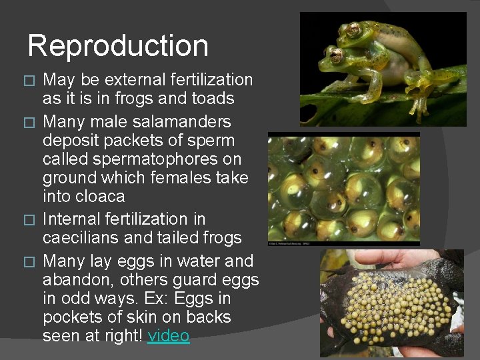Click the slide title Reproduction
point(118,45)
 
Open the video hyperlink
point(169,336)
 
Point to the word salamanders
point(181,122)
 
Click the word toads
point(211,99)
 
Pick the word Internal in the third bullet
point(70,219)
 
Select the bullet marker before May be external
point(28,81)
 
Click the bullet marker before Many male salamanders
point(28,123)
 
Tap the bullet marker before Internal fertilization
point(28,219)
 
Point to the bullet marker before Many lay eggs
point(28,261)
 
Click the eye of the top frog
point(352,29)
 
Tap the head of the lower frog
point(333,57)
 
